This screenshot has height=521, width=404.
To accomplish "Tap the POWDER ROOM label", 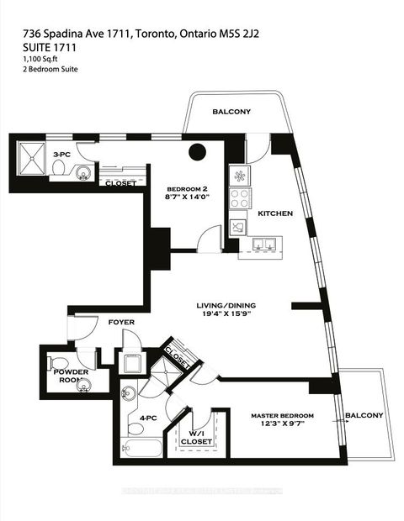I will point(71,375).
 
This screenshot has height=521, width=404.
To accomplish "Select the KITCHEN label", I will point(275,213).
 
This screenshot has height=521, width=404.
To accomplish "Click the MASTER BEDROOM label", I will point(283,416).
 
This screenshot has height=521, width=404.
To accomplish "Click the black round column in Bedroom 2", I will point(198,152).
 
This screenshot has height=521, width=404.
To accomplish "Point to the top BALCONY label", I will point(231,112).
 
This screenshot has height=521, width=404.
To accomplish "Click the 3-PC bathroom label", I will point(61,155).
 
